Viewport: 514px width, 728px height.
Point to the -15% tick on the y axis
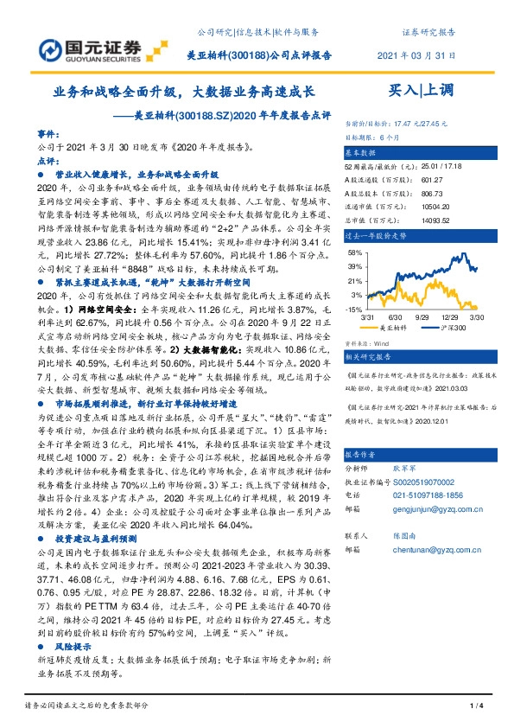point(354,309)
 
